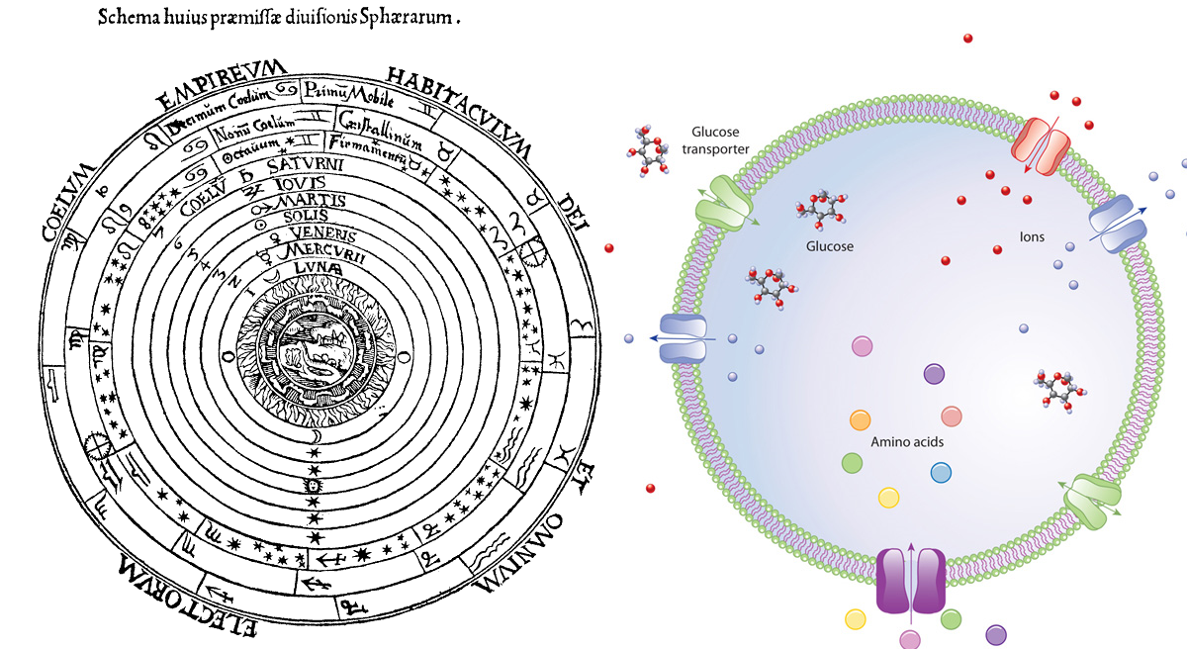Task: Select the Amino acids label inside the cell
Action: (906, 442)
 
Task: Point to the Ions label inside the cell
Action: (1033, 237)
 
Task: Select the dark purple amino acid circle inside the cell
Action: (935, 374)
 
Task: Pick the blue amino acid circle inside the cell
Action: (941, 472)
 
